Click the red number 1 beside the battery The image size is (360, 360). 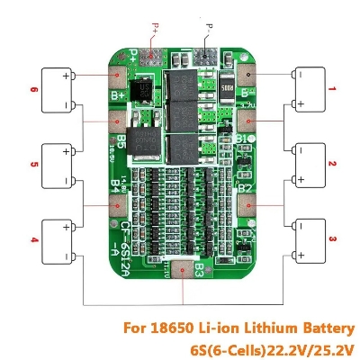332,88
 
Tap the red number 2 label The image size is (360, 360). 332,163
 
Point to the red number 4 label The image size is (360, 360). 33,239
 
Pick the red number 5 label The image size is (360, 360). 33,165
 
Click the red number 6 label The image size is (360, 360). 33,89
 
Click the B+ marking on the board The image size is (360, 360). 118,94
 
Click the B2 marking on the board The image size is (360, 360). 243,188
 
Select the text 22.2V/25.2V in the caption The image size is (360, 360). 311,347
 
